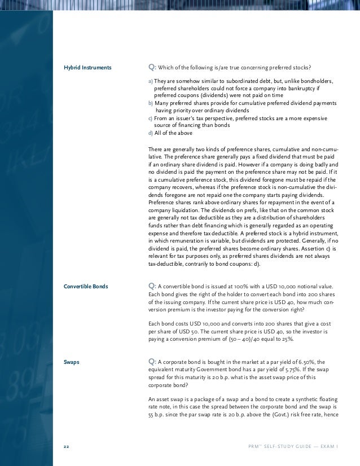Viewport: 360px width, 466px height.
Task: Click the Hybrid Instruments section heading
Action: [87, 68]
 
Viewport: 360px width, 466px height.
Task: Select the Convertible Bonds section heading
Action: [86, 287]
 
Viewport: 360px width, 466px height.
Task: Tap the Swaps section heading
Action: [72, 362]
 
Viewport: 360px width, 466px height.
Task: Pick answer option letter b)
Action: [150, 104]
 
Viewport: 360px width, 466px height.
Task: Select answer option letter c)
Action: [150, 118]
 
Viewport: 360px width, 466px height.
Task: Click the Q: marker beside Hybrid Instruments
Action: [152, 68]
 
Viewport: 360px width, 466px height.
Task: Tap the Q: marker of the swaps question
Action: [152, 362]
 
